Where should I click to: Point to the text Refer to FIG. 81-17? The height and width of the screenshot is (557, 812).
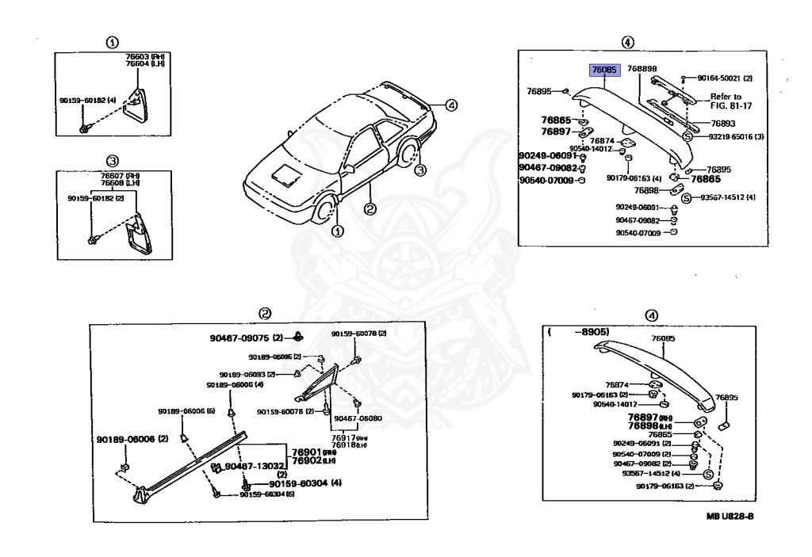tap(730, 101)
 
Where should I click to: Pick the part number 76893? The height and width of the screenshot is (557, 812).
tap(722, 124)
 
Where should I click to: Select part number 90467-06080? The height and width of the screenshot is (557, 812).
tap(358, 418)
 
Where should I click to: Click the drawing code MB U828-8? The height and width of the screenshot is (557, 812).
tap(730, 517)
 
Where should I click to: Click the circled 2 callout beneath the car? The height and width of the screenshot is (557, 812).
tap(369, 209)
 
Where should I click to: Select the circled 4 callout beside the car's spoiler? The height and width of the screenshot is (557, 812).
tap(450, 105)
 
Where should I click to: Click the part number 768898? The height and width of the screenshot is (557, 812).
tap(642, 70)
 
